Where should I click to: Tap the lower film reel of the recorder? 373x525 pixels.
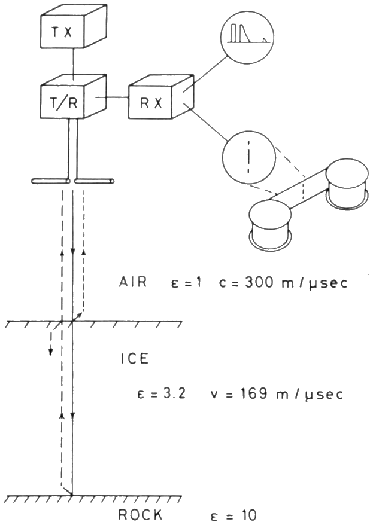270,224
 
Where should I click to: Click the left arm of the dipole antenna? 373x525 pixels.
50,180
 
